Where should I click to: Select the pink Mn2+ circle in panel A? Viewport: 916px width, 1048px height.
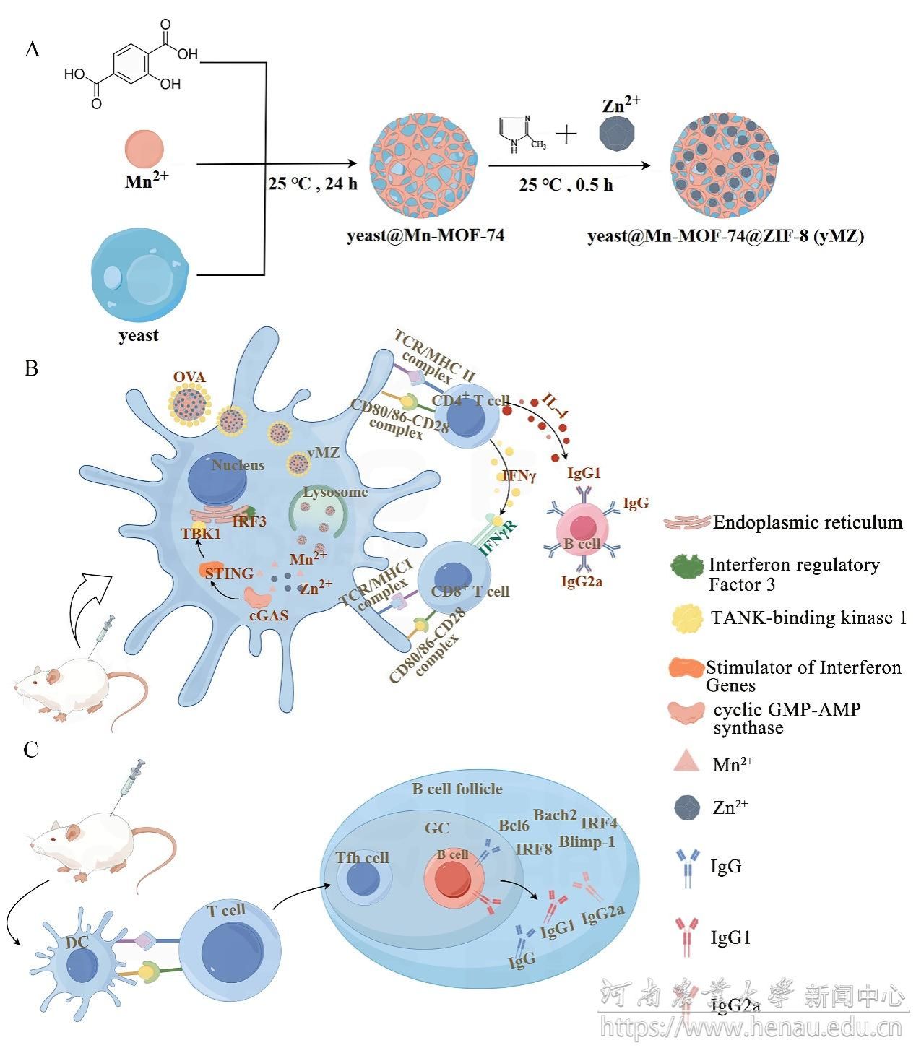144,150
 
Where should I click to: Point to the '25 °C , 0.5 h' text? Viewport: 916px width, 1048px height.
566,185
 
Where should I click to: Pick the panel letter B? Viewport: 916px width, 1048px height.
31,368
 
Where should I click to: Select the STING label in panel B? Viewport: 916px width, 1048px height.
229,573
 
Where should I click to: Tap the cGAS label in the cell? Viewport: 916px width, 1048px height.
268,615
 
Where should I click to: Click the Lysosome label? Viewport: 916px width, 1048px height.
335,492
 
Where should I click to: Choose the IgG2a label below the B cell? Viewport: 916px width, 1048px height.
582,581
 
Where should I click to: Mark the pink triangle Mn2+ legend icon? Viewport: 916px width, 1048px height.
686,761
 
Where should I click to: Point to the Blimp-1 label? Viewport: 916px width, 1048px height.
587,842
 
